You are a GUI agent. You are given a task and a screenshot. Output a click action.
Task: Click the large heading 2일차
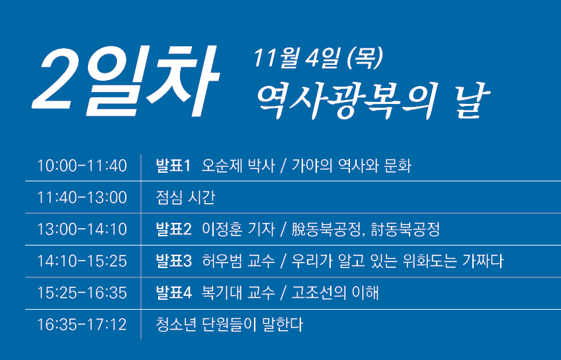[126, 81]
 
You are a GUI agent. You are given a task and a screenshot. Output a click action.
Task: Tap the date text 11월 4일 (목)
[318, 58]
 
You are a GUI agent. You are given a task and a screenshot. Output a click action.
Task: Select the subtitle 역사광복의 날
[372, 101]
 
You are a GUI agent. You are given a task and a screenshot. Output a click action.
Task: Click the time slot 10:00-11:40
[82, 165]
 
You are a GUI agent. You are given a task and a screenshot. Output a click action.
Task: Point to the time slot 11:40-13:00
[82, 197]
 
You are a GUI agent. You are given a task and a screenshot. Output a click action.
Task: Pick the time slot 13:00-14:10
[82, 230]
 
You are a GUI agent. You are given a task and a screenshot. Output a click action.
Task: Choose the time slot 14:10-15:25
[82, 261]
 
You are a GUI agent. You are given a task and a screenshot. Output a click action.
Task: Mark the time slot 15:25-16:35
[82, 293]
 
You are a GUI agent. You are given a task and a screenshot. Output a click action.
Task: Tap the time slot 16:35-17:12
[82, 325]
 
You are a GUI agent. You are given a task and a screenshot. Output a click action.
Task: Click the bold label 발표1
[173, 165]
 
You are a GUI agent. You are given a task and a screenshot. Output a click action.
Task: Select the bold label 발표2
[174, 230]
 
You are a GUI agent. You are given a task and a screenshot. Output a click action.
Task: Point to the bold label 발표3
[174, 261]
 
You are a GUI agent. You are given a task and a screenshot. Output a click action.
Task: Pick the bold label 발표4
[174, 293]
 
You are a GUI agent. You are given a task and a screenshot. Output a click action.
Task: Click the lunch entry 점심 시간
[185, 197]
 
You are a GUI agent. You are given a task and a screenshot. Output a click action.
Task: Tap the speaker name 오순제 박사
[238, 165]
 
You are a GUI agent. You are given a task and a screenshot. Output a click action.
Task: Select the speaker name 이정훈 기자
[238, 230]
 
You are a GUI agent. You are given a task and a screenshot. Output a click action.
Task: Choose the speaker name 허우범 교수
[238, 261]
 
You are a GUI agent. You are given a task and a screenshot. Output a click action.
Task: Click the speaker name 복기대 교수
[238, 293]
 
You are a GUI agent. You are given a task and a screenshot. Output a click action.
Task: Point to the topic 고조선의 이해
[335, 293]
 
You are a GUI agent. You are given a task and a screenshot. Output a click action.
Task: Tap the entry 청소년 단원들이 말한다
[230, 325]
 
